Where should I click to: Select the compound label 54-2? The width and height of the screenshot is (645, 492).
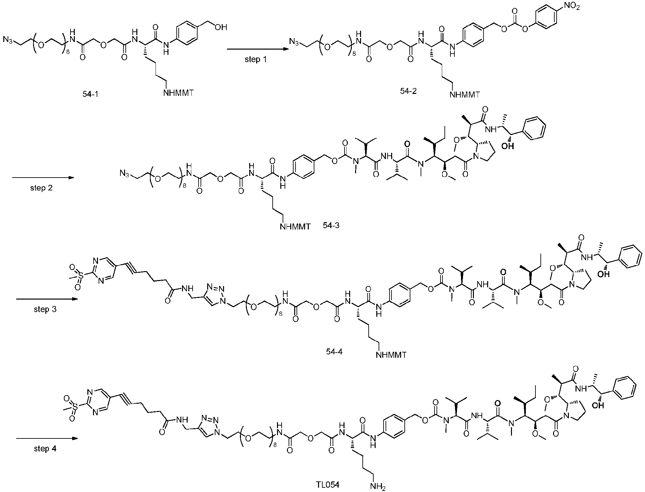click(408, 91)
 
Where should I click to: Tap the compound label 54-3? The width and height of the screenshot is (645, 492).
click(331, 226)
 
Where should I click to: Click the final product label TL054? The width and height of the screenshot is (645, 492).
click(328, 485)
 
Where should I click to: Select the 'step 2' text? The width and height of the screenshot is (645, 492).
click(41, 188)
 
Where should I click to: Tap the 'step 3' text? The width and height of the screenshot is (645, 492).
click(45, 309)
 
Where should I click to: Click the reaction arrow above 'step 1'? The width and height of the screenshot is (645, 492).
click(256, 49)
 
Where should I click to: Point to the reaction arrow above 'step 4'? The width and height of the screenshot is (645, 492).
click(47, 439)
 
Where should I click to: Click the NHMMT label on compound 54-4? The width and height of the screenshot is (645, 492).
click(391, 355)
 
